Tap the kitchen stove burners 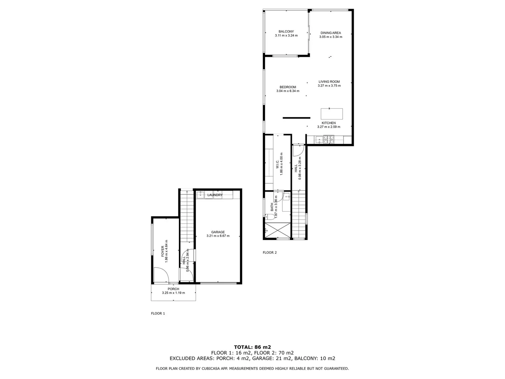pyautogui.click(x=329, y=140)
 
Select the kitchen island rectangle pyautogui.click(x=332, y=114)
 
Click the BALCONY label pyautogui.click(x=286, y=32)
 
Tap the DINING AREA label pyautogui.click(x=330, y=33)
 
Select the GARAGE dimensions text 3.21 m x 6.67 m pyautogui.click(x=218, y=236)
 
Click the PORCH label pyautogui.click(x=173, y=289)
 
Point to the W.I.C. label pyautogui.click(x=277, y=164)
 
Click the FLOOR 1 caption pyautogui.click(x=158, y=313)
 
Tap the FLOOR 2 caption pyautogui.click(x=270, y=252)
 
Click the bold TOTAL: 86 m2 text pyautogui.click(x=252, y=347)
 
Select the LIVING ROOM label pyautogui.click(x=329, y=82)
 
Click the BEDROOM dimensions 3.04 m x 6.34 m pyautogui.click(x=288, y=91)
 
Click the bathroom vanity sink pyautogui.click(x=286, y=197)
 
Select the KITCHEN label pyautogui.click(x=329, y=123)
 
